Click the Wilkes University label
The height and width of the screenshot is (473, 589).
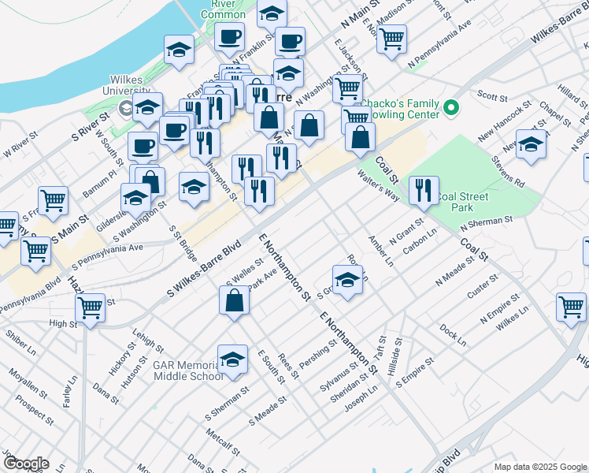coord(126,85)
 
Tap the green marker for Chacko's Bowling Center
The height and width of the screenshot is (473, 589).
coord(451,107)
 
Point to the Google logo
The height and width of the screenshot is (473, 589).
coord(25,464)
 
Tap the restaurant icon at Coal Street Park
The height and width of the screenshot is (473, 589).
coord(424,190)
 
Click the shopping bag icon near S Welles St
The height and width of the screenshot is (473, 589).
coord(235,300)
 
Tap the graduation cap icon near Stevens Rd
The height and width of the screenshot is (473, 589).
coord(532,145)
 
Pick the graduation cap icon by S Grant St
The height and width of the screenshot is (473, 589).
coord(347,280)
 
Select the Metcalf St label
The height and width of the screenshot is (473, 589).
coord(222,438)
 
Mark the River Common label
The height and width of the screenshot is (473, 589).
coord(224,9)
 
